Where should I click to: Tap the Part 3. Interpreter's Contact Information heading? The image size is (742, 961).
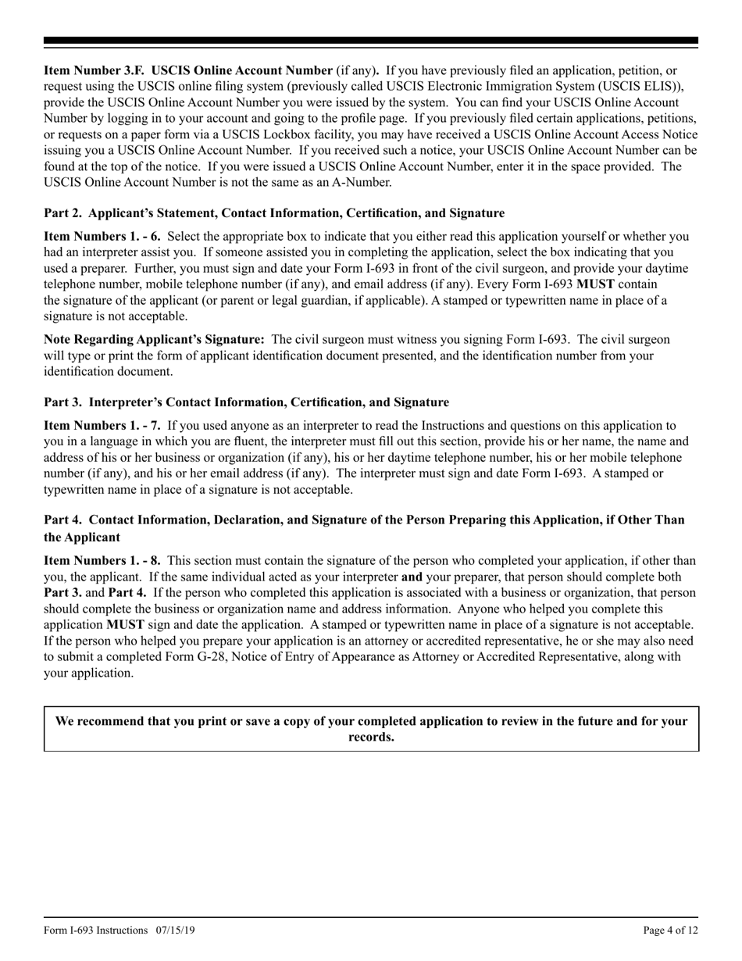click(246, 402)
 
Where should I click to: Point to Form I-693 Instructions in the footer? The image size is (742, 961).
click(96, 930)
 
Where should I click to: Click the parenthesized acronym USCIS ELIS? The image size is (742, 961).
click(638, 86)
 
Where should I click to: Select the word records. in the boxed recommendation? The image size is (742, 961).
click(371, 737)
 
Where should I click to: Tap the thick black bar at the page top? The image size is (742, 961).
click(371, 41)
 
